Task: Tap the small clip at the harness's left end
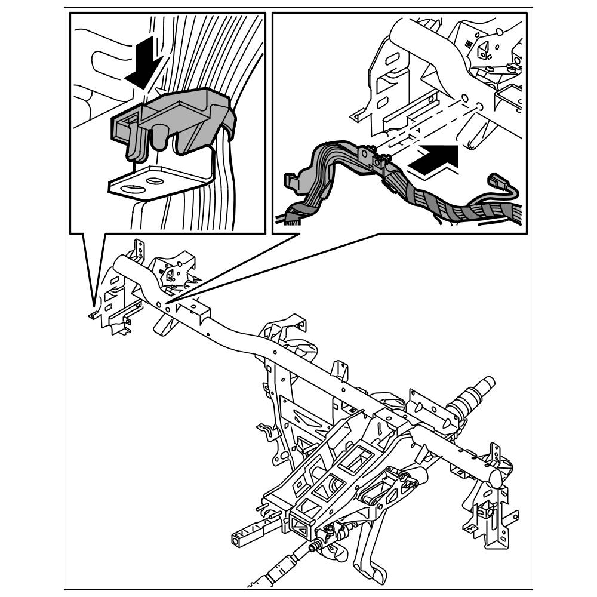[291, 180]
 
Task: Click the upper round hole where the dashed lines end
[465, 97]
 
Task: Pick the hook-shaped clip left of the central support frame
[263, 432]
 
